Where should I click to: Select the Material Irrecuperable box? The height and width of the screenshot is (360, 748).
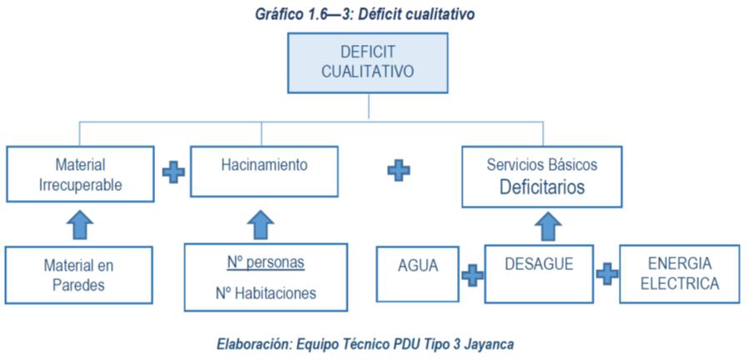point(80,174)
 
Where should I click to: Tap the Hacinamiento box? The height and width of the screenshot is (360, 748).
point(264,171)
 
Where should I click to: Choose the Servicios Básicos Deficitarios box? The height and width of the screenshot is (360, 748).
point(542,176)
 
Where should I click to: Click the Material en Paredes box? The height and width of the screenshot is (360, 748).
point(80,275)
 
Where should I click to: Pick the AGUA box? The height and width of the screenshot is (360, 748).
point(417,273)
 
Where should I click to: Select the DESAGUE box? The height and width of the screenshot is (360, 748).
point(539,273)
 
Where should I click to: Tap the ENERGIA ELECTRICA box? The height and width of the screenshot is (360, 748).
point(679,273)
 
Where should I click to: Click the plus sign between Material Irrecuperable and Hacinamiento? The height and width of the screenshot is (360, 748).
point(173,172)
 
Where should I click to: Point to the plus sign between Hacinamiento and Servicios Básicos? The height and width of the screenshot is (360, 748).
point(399,170)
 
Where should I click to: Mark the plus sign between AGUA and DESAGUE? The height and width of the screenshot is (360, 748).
point(473,275)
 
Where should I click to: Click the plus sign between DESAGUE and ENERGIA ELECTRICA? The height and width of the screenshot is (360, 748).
point(607,273)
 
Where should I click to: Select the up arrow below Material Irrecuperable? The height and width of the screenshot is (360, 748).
point(80,223)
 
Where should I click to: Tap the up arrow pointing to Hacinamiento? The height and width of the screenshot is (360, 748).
point(261,223)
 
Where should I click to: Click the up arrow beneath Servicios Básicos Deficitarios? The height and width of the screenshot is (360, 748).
point(548,225)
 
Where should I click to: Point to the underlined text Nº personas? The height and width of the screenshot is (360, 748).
point(265,262)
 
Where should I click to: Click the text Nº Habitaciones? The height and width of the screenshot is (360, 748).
point(265,292)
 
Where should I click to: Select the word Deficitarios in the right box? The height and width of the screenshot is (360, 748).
point(542,187)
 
